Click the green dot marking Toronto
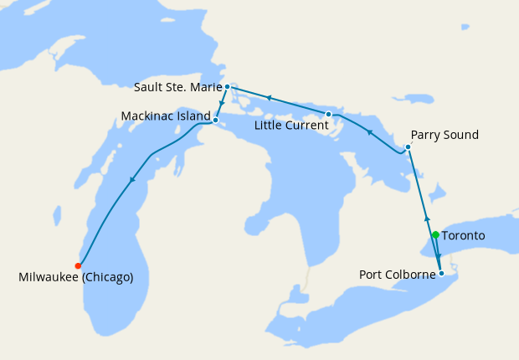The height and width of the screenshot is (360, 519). (435, 235)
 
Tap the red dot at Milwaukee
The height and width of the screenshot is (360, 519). (78, 265)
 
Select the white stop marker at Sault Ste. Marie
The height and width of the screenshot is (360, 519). (227, 86)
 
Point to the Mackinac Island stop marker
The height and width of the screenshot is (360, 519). (215, 120)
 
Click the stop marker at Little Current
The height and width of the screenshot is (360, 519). (328, 114)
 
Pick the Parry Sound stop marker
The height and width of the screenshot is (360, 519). (408, 147)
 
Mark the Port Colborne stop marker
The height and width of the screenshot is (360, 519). (441, 273)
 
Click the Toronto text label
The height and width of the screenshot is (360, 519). (463, 236)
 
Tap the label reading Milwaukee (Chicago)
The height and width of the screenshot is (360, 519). (75, 277)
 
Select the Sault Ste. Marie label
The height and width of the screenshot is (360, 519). (177, 86)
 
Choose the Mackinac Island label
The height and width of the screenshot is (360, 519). (166, 116)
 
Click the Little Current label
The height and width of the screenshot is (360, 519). (291, 125)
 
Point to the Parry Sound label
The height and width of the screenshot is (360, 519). (444, 135)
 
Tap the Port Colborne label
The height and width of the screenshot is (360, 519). (398, 274)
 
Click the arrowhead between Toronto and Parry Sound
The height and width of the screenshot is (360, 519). (427, 219)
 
